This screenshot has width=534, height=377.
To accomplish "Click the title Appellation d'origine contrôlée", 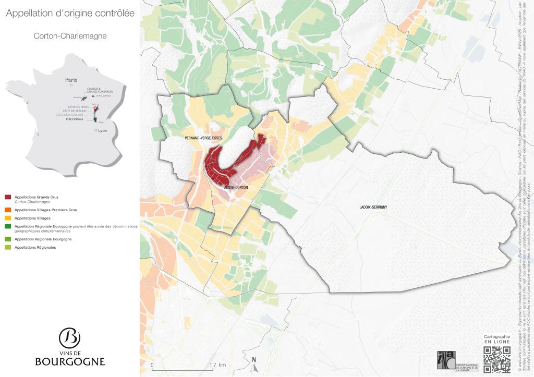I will pos(70,14).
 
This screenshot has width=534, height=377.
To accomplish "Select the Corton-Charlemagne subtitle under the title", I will pos(70,36).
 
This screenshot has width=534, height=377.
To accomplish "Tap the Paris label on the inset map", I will pos(71,80).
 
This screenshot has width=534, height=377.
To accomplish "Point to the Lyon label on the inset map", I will pos(102,130).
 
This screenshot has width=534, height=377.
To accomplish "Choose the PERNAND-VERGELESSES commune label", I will pos(203,138).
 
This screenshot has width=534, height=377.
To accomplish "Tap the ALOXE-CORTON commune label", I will pos(236,187).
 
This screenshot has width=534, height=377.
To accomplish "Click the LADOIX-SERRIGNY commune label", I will pos(372,208).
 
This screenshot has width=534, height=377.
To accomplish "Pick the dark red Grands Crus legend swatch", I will pos(7,197).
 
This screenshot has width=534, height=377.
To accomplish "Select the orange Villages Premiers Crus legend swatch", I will pos(7,210).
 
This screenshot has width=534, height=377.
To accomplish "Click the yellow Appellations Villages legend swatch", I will pos(7,218).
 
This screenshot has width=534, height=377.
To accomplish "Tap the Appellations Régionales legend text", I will pos(35,248).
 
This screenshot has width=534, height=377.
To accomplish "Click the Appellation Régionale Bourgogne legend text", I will pos(43,239).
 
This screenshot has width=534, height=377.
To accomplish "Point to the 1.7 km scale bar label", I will pos(217,365).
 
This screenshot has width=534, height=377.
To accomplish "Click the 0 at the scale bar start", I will pos(152,365).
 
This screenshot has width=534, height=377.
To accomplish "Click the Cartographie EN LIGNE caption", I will pos(496,339).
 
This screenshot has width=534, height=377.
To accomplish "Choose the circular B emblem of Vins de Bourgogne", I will pos(70,338).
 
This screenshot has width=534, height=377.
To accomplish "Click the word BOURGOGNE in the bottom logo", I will pos(70,361).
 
